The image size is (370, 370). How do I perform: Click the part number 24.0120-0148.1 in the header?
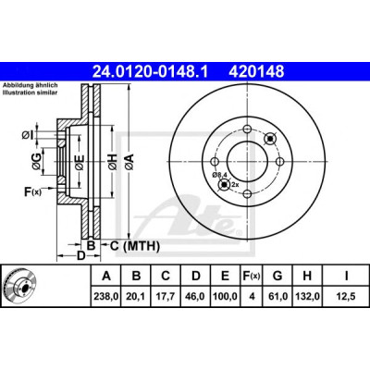click(151, 71)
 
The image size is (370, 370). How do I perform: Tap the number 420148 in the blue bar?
click(256, 71)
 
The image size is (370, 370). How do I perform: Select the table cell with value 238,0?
click(106, 296)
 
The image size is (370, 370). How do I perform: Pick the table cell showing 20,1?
click(136, 296)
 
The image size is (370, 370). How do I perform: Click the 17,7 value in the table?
click(166, 296)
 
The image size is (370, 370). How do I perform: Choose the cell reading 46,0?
click(195, 296)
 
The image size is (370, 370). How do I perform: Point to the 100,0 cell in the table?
click(225, 296)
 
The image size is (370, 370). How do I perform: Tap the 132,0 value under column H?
click(307, 296)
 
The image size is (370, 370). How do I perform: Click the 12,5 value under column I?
click(346, 296)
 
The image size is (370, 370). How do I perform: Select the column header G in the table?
click(277, 276)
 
